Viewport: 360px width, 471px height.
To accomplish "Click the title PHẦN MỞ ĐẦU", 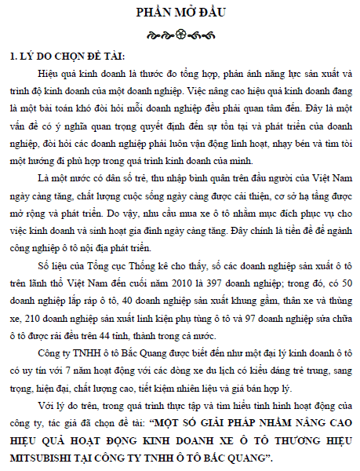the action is tap(180, 13).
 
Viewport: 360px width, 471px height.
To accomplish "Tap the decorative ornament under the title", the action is tap(180, 35).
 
